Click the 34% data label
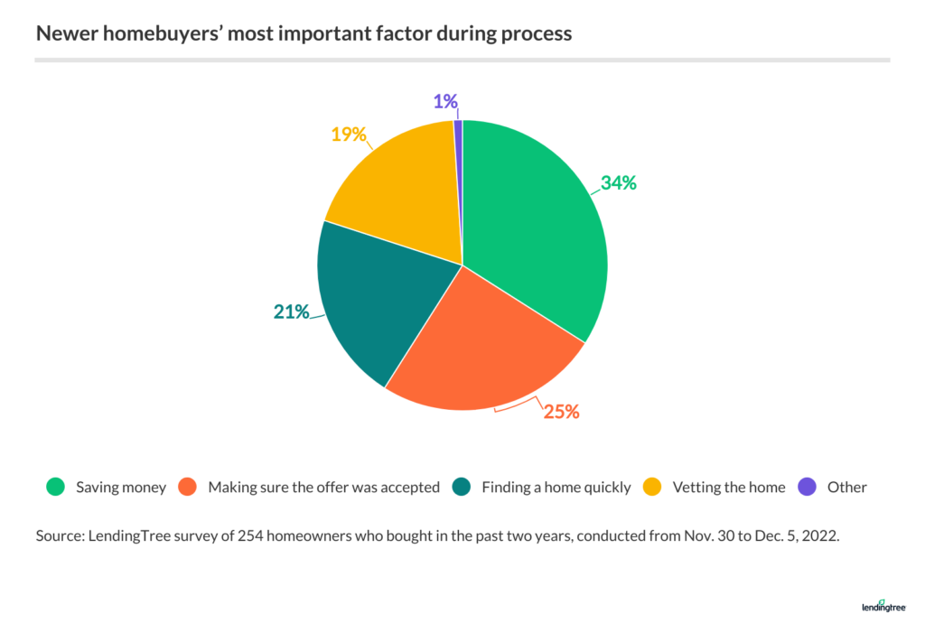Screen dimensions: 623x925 coord(618,182)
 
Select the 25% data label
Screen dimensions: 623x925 coord(560,412)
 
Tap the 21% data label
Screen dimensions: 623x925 coord(291,312)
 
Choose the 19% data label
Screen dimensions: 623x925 coord(347,135)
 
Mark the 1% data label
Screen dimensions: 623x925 coord(444,101)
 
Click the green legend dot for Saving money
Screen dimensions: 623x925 coord(55,487)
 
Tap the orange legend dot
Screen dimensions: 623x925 coord(188,487)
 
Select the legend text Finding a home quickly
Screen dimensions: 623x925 coord(556,487)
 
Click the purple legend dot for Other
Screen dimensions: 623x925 coord(807,487)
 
